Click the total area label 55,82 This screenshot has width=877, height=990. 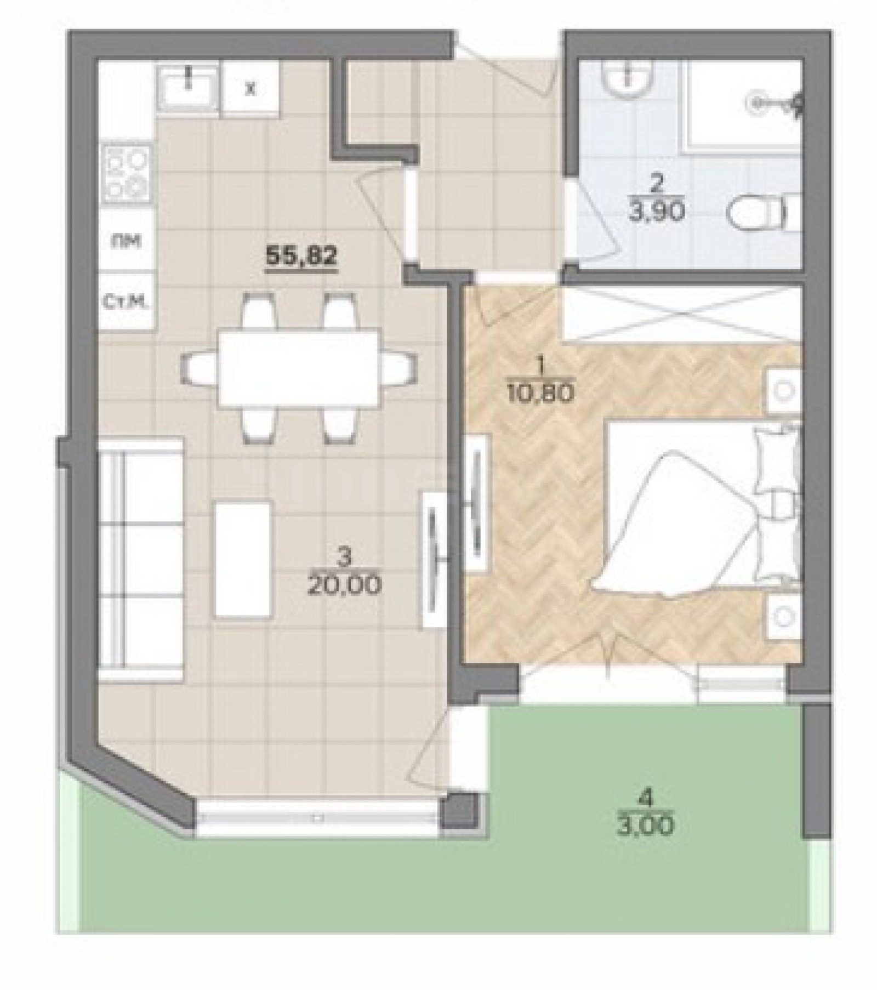300,255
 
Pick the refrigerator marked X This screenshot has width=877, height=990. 251,89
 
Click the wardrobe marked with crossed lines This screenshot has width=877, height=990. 680,315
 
